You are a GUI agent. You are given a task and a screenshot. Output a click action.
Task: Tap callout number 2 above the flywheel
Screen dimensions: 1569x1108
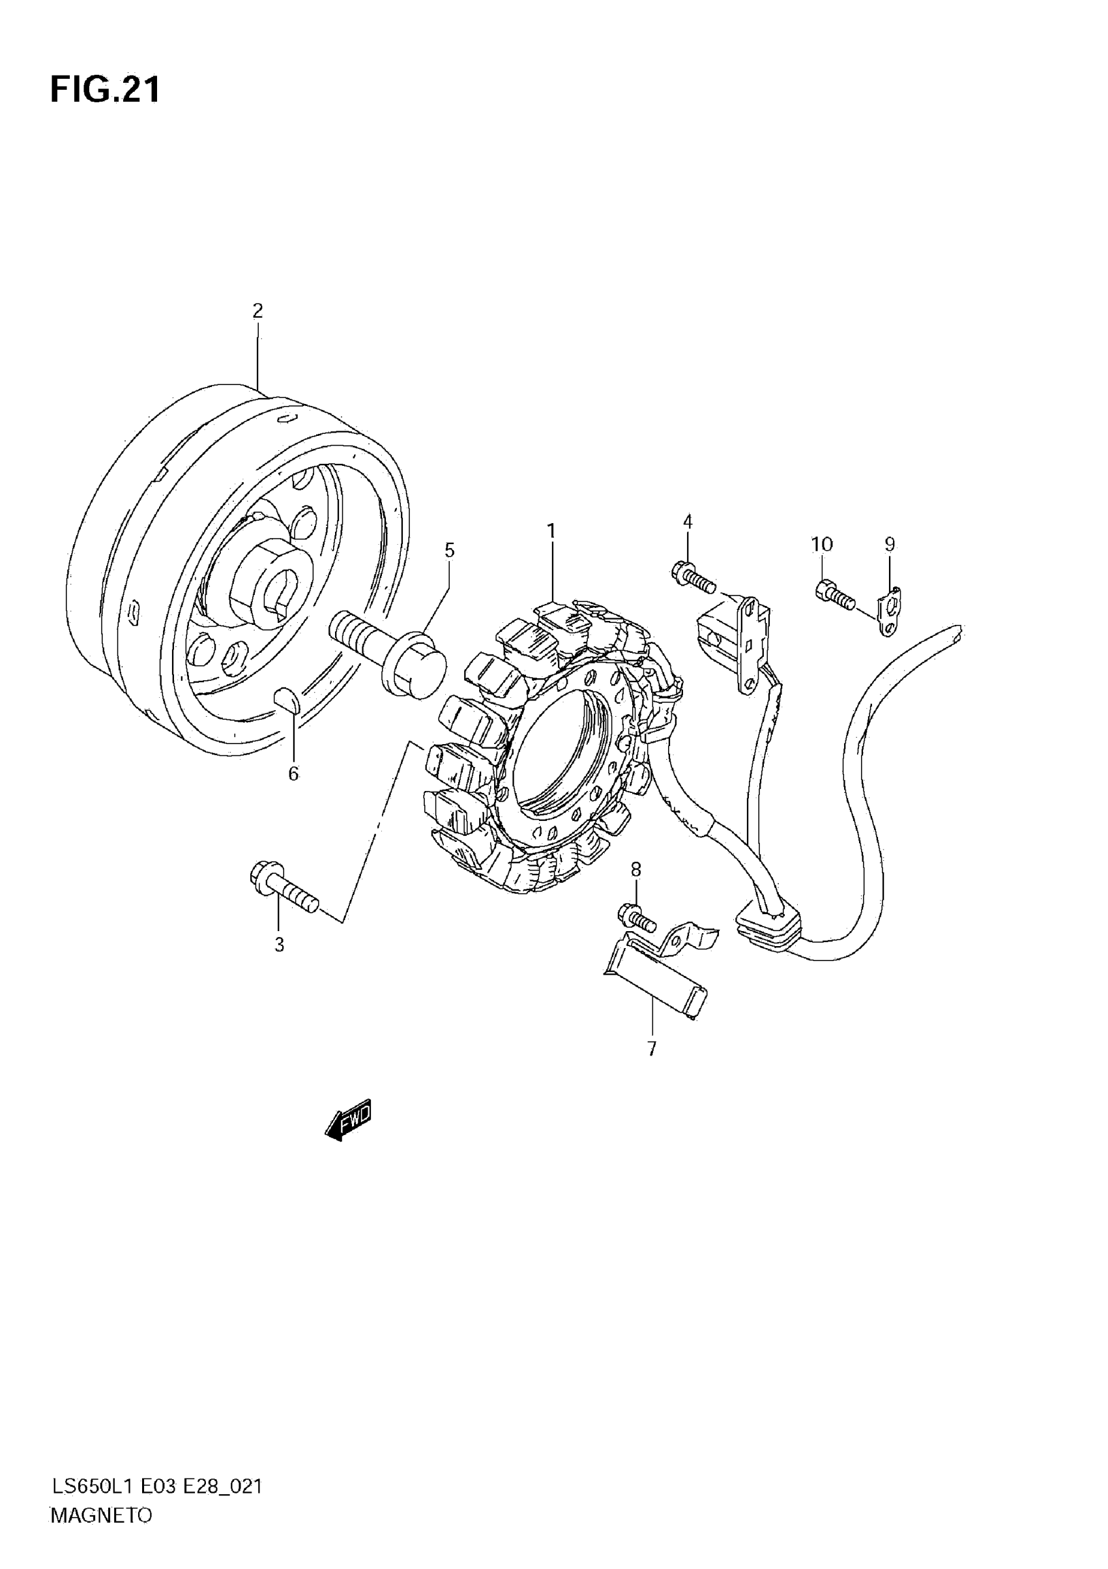pyautogui.click(x=257, y=311)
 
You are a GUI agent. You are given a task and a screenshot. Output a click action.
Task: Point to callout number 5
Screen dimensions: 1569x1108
pyautogui.click(x=449, y=549)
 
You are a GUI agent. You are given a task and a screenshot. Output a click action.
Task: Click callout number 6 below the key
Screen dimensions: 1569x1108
pyautogui.click(x=293, y=773)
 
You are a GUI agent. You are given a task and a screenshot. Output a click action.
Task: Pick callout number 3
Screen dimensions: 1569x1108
pyautogui.click(x=279, y=945)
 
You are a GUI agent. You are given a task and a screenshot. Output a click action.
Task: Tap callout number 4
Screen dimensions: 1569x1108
pyautogui.click(x=688, y=521)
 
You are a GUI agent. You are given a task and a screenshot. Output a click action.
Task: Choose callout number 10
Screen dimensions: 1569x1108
pyautogui.click(x=822, y=544)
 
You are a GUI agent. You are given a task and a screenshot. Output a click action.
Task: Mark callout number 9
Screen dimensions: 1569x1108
pyautogui.click(x=889, y=544)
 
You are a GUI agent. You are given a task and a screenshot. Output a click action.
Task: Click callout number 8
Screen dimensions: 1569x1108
pyautogui.click(x=635, y=869)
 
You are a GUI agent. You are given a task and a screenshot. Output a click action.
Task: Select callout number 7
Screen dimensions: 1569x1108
pyautogui.click(x=651, y=1049)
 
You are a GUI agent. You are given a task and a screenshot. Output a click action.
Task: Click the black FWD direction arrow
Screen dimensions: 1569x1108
pyautogui.click(x=349, y=1119)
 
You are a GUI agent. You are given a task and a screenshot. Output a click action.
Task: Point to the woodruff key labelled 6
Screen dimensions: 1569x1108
pyautogui.click(x=285, y=700)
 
